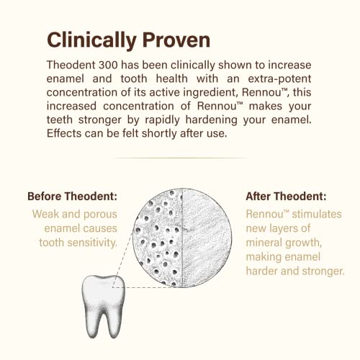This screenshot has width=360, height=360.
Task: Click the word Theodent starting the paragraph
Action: point(69,65)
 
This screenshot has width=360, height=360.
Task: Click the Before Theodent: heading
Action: point(72,196)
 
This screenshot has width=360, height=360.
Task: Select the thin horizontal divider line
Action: point(180,158)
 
